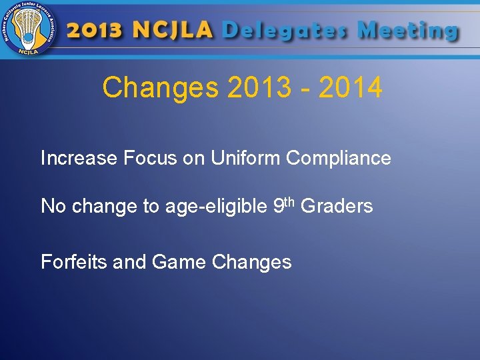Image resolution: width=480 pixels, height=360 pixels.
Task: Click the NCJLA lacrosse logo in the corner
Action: [29, 29]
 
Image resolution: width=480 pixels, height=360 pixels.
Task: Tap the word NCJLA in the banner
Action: [173, 31]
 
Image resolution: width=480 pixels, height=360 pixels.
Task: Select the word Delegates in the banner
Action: [285, 31]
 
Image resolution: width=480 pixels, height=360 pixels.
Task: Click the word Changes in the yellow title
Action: [161, 88]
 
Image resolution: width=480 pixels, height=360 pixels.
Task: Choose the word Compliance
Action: [339, 159]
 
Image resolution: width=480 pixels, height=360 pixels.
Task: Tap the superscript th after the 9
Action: [291, 201]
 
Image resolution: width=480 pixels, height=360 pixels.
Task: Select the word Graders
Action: [337, 207]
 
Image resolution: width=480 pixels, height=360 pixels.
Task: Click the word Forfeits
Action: [74, 262]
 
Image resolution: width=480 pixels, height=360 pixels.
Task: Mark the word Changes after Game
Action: [252, 263]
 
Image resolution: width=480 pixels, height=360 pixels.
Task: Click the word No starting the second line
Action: [53, 207]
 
